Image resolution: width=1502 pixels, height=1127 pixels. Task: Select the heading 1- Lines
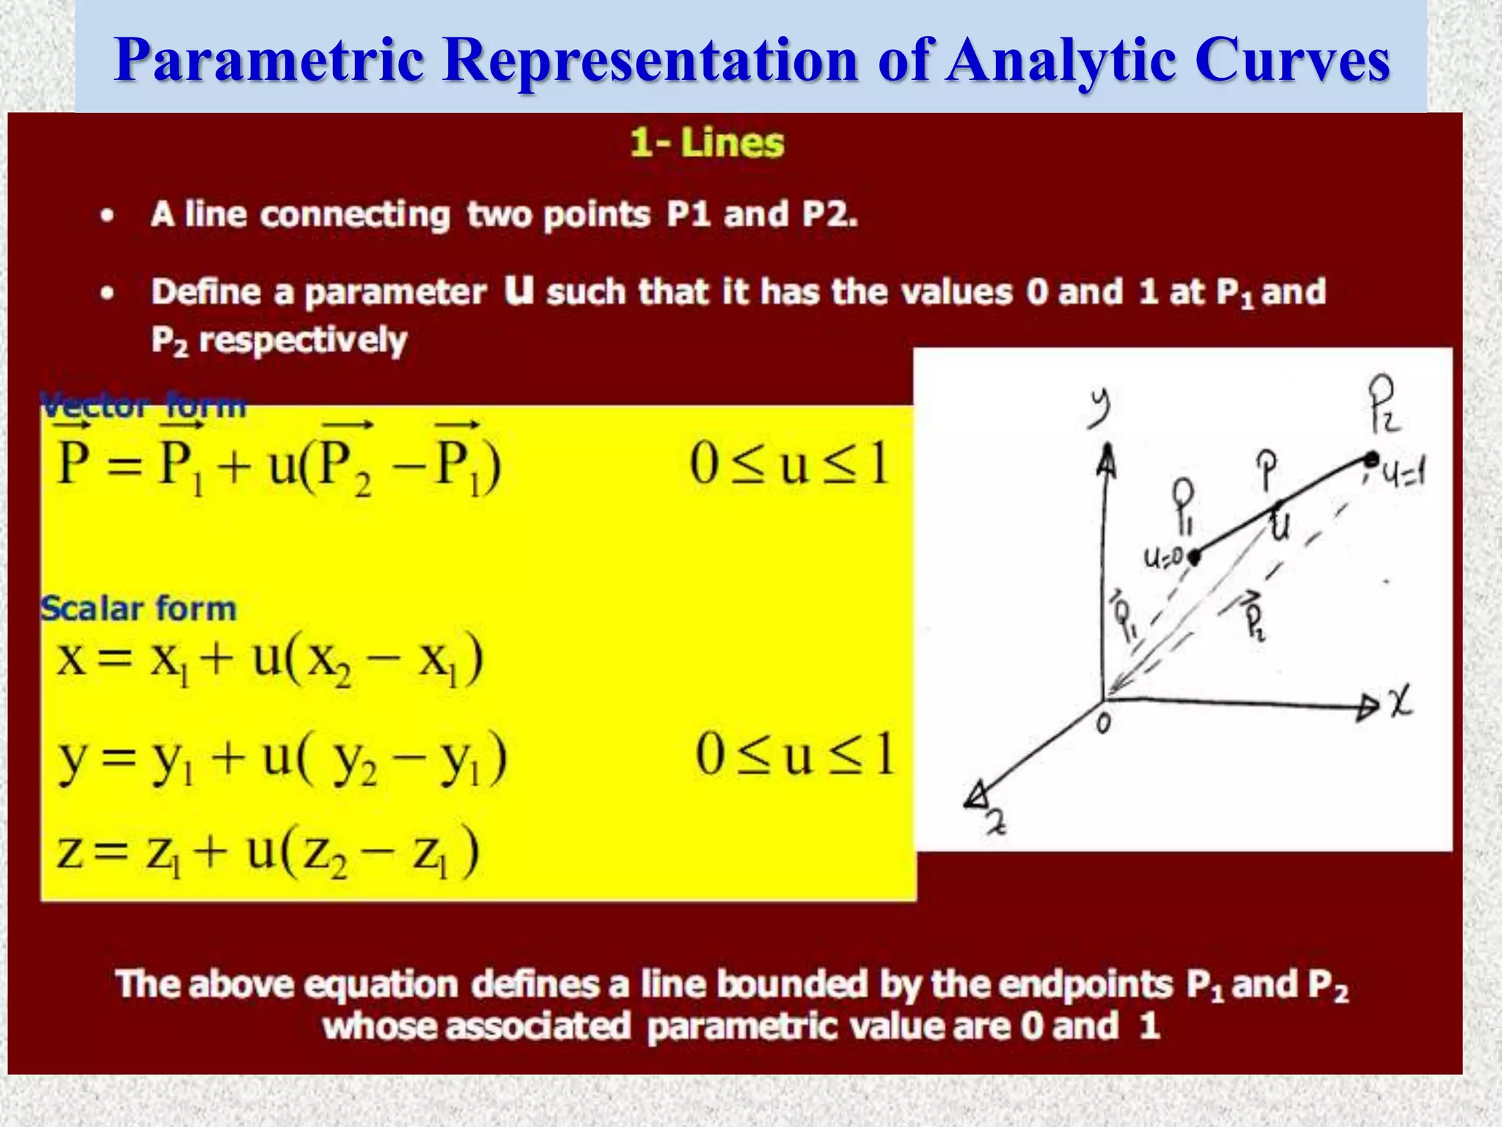(707, 142)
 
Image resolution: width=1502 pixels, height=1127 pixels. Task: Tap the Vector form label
(143, 404)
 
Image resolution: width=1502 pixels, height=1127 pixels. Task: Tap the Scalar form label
(138, 608)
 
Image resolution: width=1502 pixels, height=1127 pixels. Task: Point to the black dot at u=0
(1194, 557)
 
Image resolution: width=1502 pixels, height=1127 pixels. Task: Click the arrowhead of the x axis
(1366, 707)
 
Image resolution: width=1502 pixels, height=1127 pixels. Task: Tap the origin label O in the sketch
(1103, 725)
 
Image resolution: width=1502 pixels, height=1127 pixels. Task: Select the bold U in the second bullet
(519, 291)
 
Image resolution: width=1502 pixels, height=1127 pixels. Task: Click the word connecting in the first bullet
(355, 215)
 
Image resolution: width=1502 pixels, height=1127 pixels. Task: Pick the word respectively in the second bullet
(303, 340)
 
